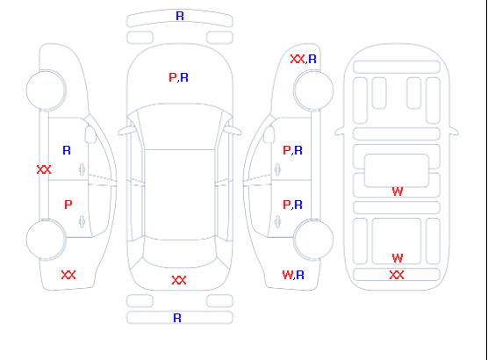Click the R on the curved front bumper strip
click(x=180, y=16)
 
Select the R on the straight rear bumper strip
click(x=177, y=318)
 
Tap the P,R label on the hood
click(x=178, y=77)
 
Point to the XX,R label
click(x=303, y=59)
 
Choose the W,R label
click(x=293, y=275)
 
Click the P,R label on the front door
click(x=292, y=150)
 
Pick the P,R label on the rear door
click(x=292, y=205)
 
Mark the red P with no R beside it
click(x=68, y=205)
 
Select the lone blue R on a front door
click(x=67, y=150)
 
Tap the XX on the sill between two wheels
click(x=44, y=169)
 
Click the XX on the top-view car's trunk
click(x=179, y=280)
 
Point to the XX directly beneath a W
click(x=397, y=275)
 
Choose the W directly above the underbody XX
click(x=398, y=258)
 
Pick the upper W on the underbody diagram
click(x=398, y=191)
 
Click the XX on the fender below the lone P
click(x=68, y=275)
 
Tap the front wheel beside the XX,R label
click(x=313, y=90)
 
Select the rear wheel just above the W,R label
click(x=313, y=240)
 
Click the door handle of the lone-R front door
click(x=82, y=169)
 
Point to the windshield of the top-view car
click(x=180, y=126)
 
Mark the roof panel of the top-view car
click(x=180, y=195)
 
